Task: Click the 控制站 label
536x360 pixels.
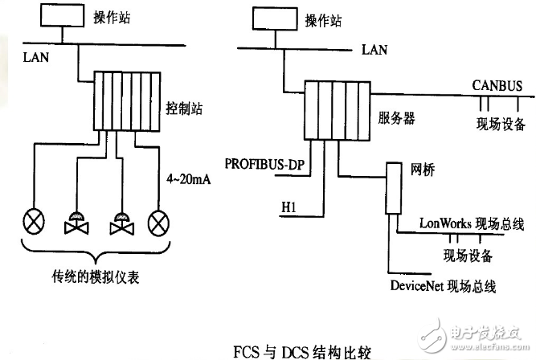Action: [184, 106]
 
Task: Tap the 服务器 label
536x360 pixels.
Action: [396, 118]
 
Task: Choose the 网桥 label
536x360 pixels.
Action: [422, 170]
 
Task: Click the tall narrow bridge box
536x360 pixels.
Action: [393, 189]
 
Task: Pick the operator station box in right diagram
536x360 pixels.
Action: [275, 18]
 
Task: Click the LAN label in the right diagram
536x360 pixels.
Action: [376, 50]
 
